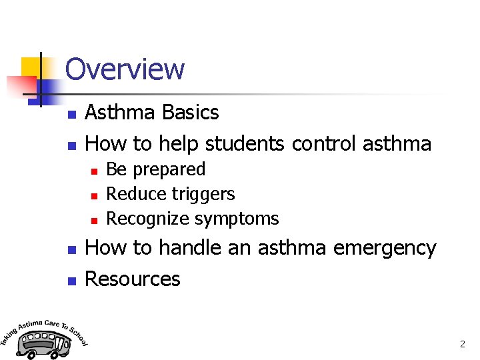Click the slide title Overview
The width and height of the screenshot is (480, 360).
(x=125, y=69)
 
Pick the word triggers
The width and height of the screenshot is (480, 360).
(x=203, y=195)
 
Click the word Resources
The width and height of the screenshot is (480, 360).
(x=133, y=279)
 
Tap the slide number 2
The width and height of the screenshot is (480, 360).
(x=462, y=345)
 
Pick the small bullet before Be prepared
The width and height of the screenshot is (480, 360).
(x=94, y=171)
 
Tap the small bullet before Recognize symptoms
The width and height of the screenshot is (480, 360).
(x=94, y=220)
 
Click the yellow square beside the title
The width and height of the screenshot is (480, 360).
(x=31, y=67)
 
